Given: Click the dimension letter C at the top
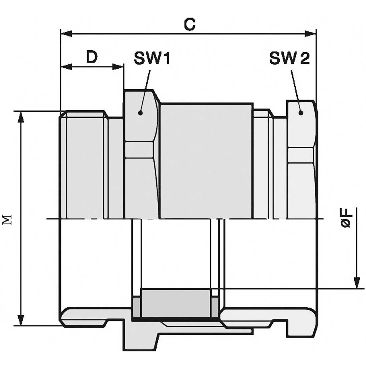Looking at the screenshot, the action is point(190,25).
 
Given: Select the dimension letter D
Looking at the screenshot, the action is point(92,57).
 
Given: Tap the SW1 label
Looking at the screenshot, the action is point(152,58).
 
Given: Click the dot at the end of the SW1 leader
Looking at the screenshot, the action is point(140,113).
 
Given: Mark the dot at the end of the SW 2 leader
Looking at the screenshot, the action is point(300,113).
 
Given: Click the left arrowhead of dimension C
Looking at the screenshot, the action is point(66,33).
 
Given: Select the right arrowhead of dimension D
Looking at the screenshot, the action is point(118,67).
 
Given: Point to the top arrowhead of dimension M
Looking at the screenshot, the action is point(21,117).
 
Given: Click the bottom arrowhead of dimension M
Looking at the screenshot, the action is point(21,320).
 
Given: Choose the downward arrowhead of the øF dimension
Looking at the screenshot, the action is point(356,283).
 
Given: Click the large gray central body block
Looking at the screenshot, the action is point(206,161).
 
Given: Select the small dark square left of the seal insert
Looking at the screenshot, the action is point(136,307).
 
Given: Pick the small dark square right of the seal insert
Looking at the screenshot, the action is point(215,307).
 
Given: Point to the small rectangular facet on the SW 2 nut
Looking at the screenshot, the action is point(300,156).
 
